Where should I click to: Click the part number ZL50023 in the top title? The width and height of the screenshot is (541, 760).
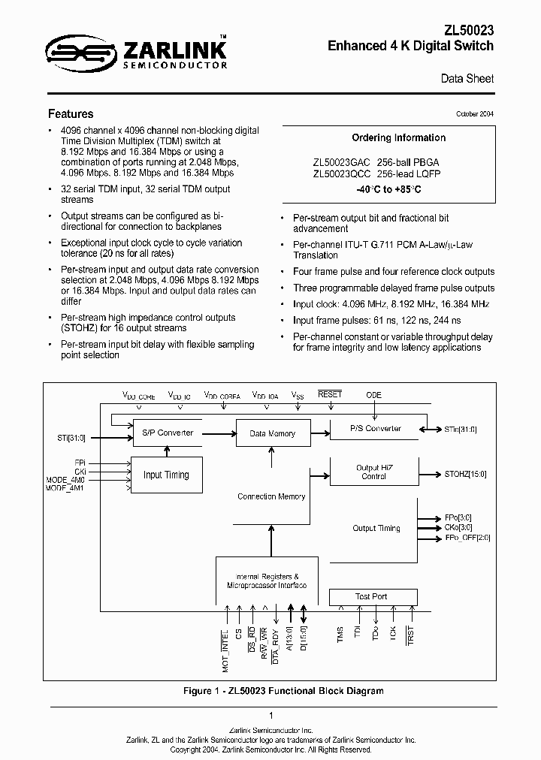tap(467, 29)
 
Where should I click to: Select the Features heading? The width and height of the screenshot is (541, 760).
tap(71, 114)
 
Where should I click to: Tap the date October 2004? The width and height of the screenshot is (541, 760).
tap(475, 114)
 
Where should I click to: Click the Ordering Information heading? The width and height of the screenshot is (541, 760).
tap(398, 138)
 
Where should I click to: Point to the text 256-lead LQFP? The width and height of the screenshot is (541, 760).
tap(410, 173)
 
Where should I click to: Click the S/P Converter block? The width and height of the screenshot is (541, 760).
tap(167, 433)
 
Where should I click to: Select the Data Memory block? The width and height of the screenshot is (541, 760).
tap(271, 433)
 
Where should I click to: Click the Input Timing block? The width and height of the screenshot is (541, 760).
tap(166, 475)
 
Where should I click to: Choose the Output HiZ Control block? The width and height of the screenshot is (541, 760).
tap(373, 472)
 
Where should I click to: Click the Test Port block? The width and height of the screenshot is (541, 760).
tap(371, 597)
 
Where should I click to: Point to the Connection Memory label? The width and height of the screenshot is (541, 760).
tap(271, 496)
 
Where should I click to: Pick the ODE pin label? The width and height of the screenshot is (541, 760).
tap(373, 395)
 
